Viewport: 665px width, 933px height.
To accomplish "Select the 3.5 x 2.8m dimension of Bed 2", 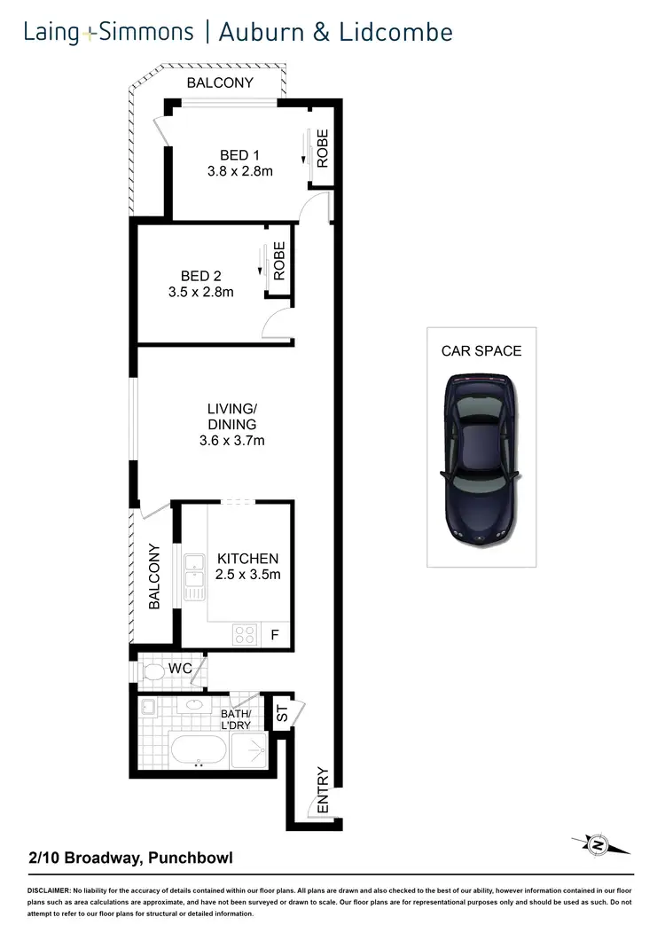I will pos(201,292).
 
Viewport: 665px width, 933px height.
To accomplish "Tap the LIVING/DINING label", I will pos(231,416).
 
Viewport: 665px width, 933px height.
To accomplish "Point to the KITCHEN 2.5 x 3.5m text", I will pos(248,567).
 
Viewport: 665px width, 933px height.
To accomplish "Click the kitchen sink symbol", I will pos(194,576).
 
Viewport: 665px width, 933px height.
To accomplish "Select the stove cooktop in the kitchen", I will pos(245,633).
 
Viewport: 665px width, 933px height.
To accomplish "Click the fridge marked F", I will pos(275,634).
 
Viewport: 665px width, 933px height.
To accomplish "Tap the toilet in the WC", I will pos(154,672).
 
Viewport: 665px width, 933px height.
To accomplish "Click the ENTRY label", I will pos(323,790).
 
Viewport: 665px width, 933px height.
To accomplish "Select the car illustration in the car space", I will pos(479,458).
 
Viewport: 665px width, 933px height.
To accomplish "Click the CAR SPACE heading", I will pos(481,351).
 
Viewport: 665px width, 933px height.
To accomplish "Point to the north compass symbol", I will pos(598,846).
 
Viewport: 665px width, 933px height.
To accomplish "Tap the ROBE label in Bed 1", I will pos(323,148).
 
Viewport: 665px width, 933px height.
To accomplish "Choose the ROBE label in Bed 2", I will pos(279,262).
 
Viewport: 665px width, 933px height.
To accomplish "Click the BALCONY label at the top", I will pos(220,83).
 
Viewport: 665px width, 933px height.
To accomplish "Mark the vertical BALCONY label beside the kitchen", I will pos(154,576).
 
